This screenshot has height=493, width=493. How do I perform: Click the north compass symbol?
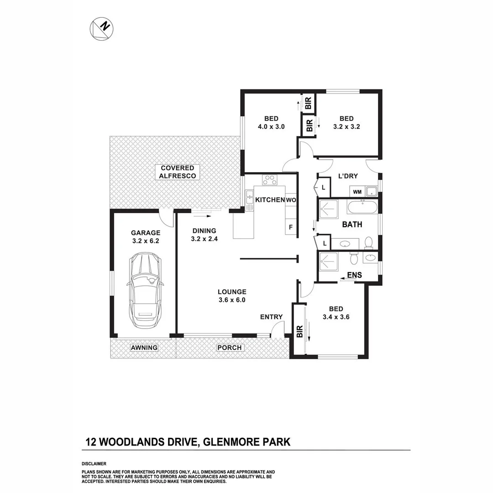pos(101,28)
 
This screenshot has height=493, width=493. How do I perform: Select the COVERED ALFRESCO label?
pos(178,172)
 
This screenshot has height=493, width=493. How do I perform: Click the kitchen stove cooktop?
pos(269,180)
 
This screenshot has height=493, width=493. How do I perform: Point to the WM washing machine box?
pos(357,191)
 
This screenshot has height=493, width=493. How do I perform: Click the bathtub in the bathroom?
pos(362,208)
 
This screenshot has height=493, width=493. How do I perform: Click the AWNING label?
pos(144,348)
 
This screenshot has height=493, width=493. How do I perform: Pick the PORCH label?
pos(229,348)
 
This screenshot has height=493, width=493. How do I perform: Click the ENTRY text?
pos(271,317)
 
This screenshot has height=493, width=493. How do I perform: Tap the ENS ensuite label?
pos(354,275)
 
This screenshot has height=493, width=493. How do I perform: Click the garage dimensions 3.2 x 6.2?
pos(146,241)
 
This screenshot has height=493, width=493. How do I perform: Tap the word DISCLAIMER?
pos(94,463)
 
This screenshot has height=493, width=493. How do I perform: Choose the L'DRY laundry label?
pos(348,176)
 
